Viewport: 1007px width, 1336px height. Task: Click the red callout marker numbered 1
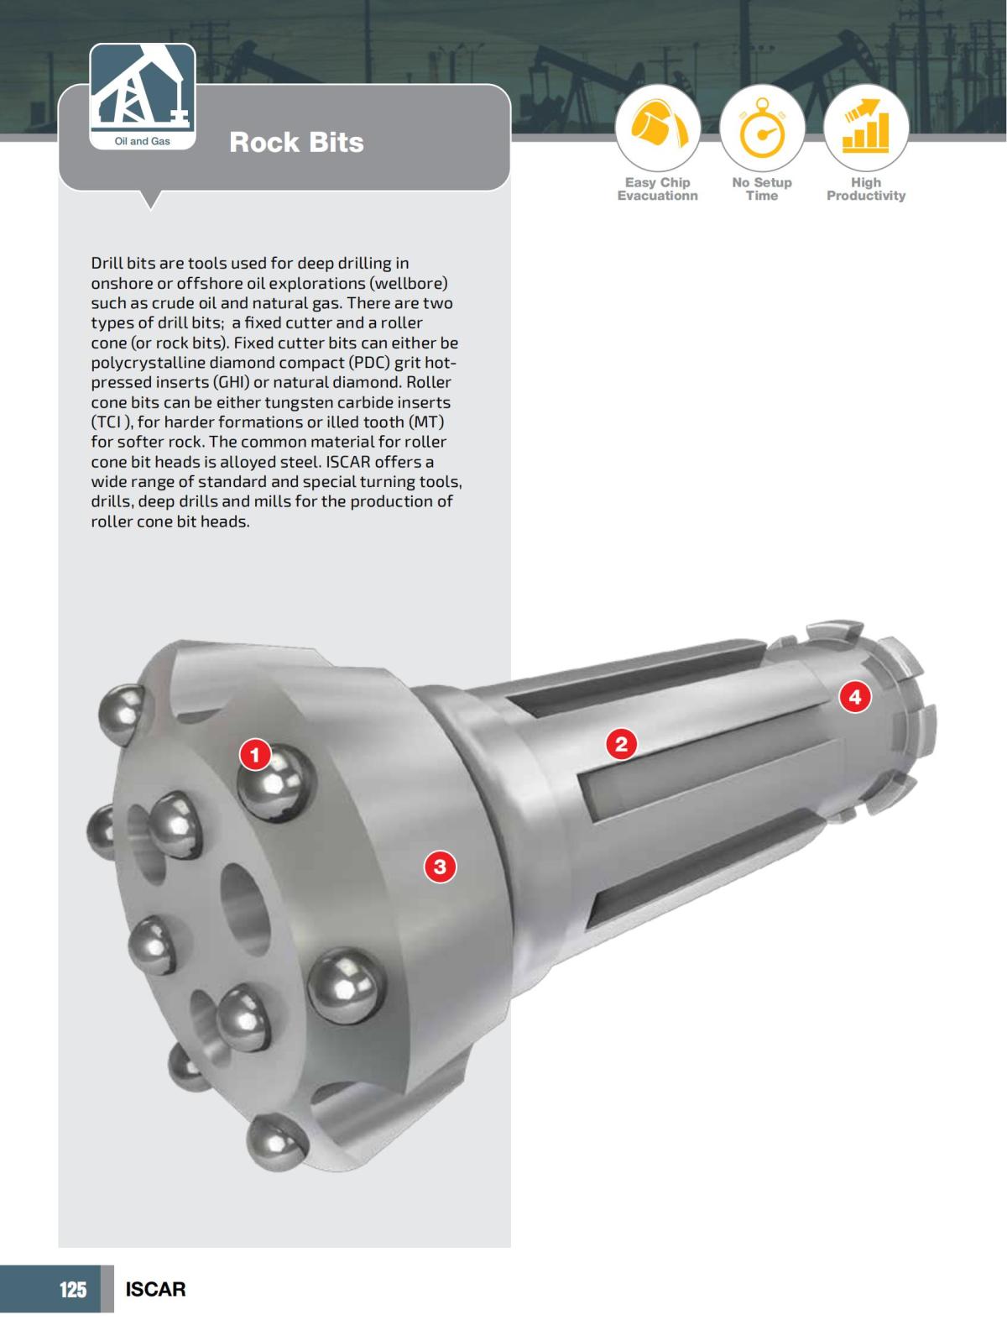[255, 754]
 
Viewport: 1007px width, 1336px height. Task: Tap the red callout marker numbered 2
[621, 743]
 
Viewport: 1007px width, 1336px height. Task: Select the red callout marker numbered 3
[440, 866]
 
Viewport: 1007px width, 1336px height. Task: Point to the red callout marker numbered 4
[854, 696]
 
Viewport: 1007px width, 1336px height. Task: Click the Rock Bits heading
[296, 142]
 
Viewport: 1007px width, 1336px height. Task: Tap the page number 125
[72, 1289]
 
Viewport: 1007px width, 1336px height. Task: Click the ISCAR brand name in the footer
[155, 1289]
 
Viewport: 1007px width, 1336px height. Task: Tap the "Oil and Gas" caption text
[142, 141]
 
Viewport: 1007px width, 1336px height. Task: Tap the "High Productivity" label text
[866, 189]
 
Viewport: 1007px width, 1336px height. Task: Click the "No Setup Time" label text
[762, 189]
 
